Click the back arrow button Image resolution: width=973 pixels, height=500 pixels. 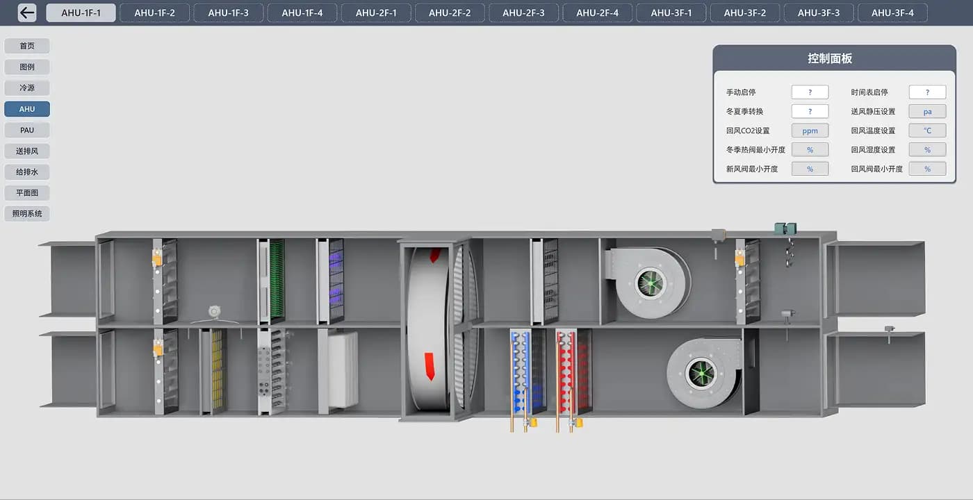coord(27,12)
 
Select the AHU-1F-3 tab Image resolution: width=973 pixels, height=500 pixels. coord(229,13)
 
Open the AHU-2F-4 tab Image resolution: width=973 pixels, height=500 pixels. coord(597,13)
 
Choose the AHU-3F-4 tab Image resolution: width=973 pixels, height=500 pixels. coord(892,13)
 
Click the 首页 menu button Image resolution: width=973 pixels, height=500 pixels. coord(27,46)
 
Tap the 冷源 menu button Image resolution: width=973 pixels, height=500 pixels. coord(27,88)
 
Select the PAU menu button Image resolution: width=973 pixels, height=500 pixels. coord(27,131)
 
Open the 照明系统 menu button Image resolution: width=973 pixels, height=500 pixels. coord(27,214)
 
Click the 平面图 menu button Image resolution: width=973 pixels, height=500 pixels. coord(27,193)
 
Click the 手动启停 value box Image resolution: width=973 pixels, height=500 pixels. coord(810,92)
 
